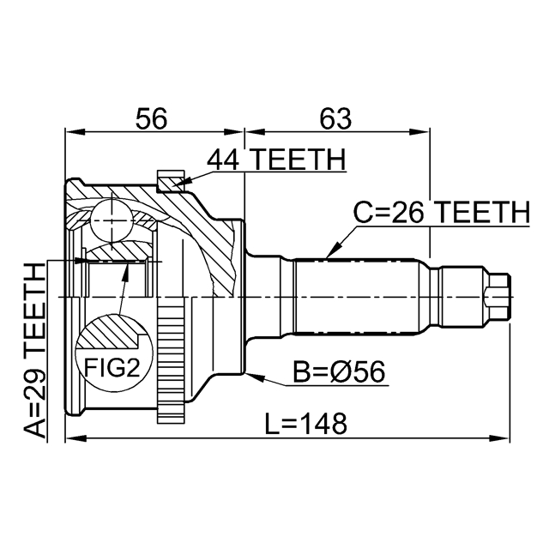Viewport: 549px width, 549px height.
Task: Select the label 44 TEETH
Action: pos(275,160)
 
